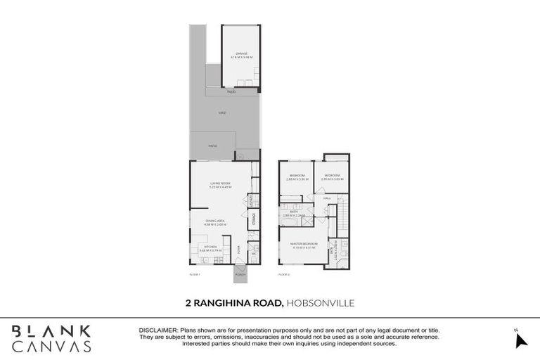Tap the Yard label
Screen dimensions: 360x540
point(222,112)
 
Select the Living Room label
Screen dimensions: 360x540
point(220,184)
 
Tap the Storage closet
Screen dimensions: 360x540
point(252,221)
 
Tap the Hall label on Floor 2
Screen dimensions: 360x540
point(327,199)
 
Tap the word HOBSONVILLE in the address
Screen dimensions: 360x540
point(321,303)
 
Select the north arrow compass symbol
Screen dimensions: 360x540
point(520,340)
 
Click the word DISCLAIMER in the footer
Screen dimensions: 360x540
point(159,329)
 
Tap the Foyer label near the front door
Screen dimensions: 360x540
point(239,249)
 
